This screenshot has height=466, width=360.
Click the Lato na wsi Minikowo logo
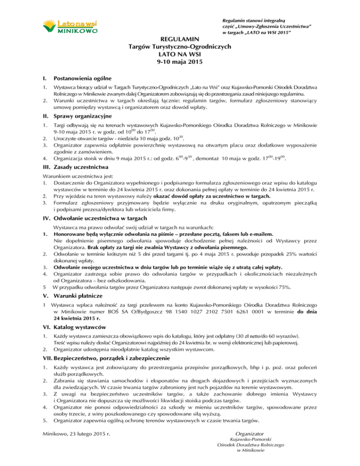coord(70,27)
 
